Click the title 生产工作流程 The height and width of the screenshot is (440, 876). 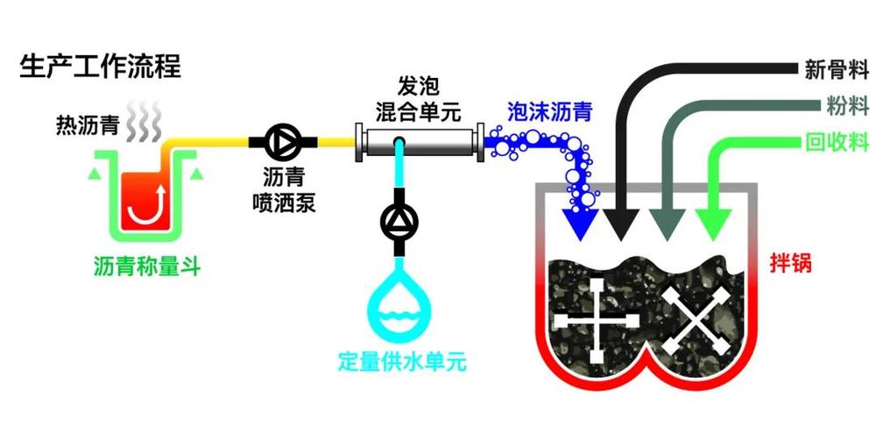101,67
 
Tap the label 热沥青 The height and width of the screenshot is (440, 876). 88,125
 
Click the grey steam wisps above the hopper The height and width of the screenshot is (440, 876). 143,121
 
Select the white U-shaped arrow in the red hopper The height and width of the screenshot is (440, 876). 146,204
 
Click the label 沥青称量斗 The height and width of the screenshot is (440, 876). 147,267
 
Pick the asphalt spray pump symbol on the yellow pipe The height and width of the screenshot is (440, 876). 283,142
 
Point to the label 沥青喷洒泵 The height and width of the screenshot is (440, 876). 284,190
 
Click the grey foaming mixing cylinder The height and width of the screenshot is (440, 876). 420,143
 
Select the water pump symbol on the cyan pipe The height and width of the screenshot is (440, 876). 399,222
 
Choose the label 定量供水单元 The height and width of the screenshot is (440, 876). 402,362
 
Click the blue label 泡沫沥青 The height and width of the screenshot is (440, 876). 549,113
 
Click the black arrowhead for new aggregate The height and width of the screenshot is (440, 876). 621,224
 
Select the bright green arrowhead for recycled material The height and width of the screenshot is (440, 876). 712,224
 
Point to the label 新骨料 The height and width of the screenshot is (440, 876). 837,70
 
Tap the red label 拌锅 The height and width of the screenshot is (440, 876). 790,262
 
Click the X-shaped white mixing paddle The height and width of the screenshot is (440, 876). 696,323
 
